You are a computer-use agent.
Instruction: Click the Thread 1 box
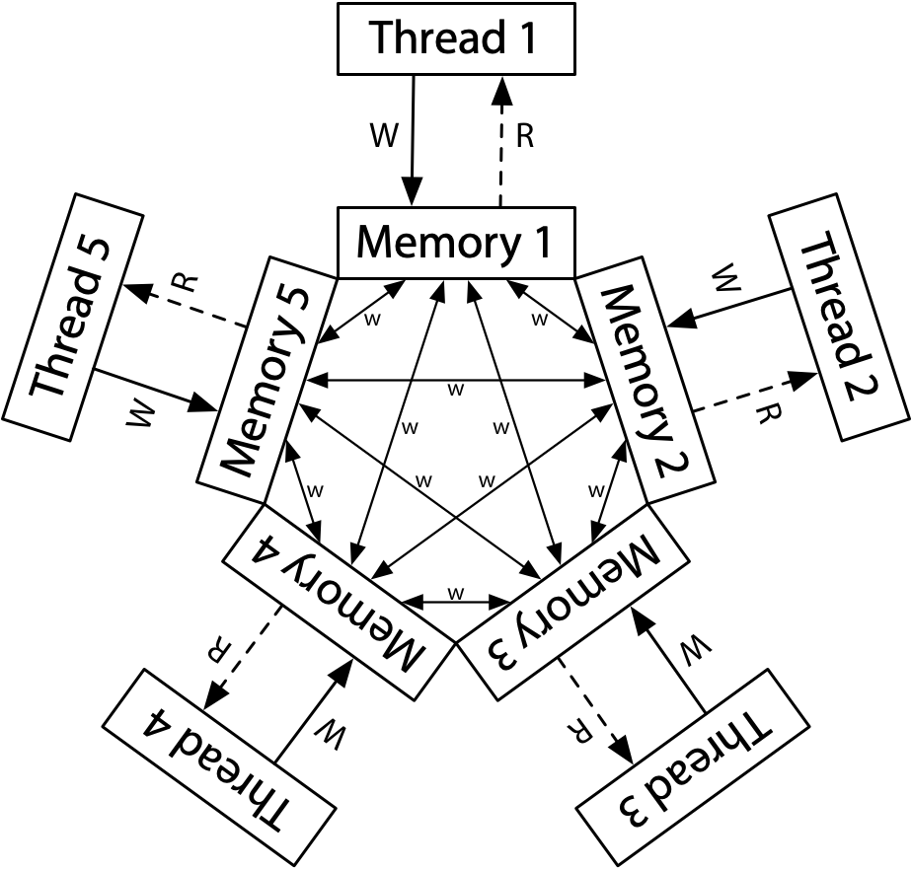[x=456, y=38]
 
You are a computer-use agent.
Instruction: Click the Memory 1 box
[x=456, y=243]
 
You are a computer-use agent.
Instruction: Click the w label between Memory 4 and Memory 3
[x=455, y=593]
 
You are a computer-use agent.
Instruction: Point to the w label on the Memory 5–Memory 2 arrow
[x=455, y=390]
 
